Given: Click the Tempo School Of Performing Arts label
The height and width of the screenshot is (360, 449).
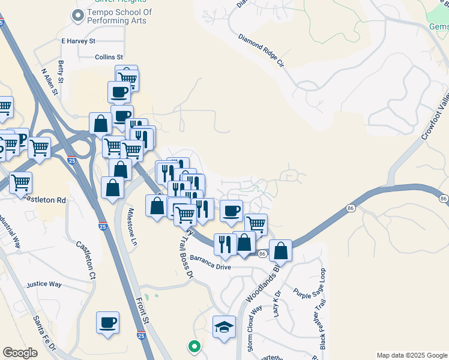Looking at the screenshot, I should click(119, 16).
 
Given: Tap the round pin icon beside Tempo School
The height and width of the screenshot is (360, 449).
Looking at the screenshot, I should click(77, 16).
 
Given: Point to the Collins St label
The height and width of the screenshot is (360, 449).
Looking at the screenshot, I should click(109, 58).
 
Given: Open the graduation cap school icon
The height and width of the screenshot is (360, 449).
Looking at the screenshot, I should click(224, 326).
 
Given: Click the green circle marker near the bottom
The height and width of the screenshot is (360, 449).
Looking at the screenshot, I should click(193, 346).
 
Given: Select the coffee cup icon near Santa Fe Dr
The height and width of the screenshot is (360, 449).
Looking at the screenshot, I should click(108, 322).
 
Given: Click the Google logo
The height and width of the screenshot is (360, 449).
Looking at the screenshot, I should click(20, 353).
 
